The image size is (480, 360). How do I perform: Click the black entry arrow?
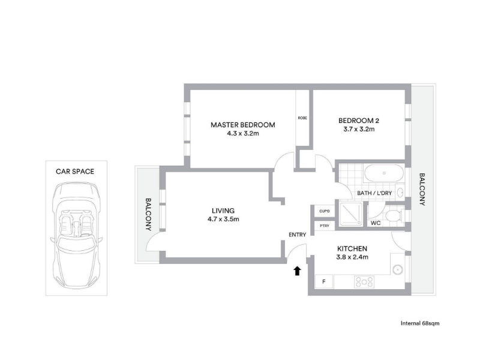[297, 271]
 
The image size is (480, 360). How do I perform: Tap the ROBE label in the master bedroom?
[302, 118]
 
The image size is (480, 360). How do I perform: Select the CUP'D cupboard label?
[325, 211]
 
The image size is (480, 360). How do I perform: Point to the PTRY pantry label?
[325, 226]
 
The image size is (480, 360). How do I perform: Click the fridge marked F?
[324, 281]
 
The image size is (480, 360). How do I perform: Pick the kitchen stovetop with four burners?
[364, 282]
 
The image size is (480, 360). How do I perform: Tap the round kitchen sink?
[398, 270]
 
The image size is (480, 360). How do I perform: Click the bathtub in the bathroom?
[384, 173]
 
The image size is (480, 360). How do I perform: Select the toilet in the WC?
[394, 215]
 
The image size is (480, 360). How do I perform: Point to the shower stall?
[351, 214]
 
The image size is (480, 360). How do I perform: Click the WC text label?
[376, 223]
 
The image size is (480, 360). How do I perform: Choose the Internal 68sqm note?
[420, 323]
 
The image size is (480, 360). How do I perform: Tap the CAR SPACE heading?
[75, 172]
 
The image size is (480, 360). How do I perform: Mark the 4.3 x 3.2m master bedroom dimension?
[243, 133]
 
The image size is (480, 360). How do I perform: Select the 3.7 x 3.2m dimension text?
[359, 129]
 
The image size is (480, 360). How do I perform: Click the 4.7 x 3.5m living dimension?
[223, 219]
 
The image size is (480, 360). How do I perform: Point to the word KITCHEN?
[352, 248]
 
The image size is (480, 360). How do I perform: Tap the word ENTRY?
[297, 235]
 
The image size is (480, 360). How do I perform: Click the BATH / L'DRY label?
[374, 193]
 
